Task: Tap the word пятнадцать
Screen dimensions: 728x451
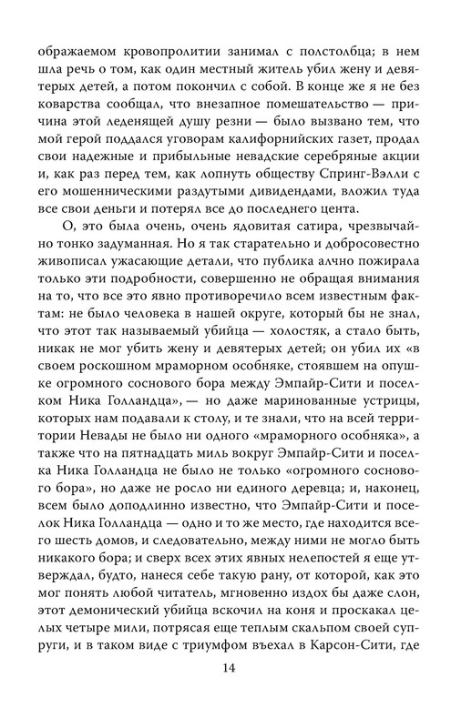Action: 193,481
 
